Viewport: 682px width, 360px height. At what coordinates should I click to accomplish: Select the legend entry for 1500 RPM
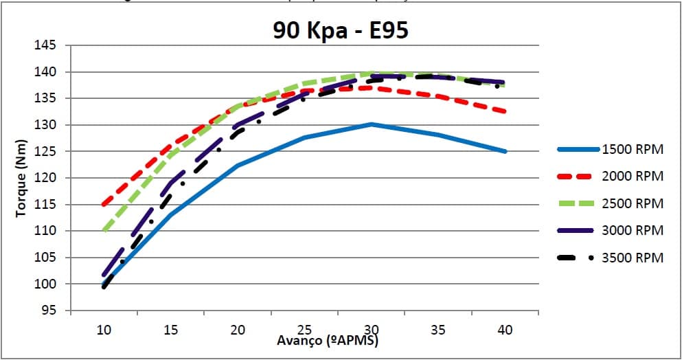pos(633,150)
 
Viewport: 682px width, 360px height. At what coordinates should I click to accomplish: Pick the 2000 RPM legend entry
pos(633,177)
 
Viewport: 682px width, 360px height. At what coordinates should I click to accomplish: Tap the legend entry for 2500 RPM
pos(633,203)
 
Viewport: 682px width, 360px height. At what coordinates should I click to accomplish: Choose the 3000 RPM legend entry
pos(633,230)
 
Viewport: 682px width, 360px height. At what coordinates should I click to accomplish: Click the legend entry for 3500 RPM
pos(633,258)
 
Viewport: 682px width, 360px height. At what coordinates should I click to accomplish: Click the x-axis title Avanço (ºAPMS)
pos(328,340)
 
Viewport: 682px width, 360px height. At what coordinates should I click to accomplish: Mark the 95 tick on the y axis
pos(47,311)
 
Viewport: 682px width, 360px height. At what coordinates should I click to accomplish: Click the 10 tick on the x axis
pos(104,330)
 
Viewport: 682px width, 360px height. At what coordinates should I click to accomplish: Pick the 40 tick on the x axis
pos(505,330)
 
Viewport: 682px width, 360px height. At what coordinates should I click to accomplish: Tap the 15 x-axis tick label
pos(170,330)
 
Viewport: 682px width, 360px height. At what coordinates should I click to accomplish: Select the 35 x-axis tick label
pos(438,330)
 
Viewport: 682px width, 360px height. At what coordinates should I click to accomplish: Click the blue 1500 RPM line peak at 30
pos(372,124)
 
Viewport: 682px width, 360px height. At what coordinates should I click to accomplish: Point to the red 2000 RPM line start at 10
pos(104,204)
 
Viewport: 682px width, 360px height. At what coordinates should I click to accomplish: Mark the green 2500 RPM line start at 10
pos(104,231)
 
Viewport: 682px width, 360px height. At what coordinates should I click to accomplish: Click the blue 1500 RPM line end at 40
pos(505,151)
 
